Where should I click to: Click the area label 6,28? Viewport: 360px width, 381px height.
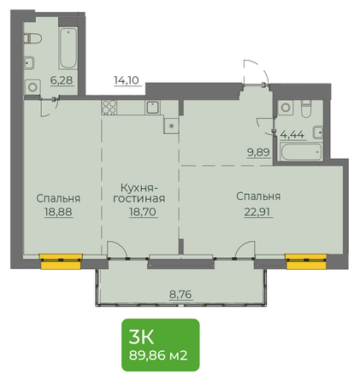[x=62, y=80]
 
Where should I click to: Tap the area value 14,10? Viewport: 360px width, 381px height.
[x=127, y=80]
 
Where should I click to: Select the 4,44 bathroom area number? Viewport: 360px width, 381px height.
[x=292, y=134]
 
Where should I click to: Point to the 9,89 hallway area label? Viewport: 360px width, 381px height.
[x=258, y=152]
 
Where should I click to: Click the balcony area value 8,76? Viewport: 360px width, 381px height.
[x=180, y=294]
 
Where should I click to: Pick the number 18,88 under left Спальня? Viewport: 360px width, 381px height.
[x=58, y=212]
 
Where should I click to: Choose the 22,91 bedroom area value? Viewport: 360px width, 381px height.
[x=258, y=212]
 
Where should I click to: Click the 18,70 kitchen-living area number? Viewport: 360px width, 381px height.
[x=143, y=212]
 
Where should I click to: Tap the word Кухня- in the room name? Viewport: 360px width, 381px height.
[x=139, y=188]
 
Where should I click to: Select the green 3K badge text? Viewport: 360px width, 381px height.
[x=141, y=337]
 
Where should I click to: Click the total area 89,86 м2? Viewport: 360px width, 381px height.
[x=158, y=355]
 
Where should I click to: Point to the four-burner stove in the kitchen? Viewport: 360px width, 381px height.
[x=109, y=107]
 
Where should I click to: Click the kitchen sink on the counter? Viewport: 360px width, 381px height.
[x=153, y=108]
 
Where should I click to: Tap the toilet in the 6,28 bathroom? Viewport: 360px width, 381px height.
[x=32, y=38]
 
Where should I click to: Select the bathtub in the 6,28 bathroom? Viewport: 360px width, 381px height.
[x=68, y=48]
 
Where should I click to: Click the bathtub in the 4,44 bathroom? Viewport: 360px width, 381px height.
[x=301, y=151]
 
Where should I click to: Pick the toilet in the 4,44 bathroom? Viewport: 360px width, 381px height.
[x=306, y=108]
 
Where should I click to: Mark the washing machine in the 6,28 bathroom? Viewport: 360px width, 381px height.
[x=32, y=87]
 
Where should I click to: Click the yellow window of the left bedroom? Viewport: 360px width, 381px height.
[x=61, y=261]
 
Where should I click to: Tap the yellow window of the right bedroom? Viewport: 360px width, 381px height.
[x=306, y=261]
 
